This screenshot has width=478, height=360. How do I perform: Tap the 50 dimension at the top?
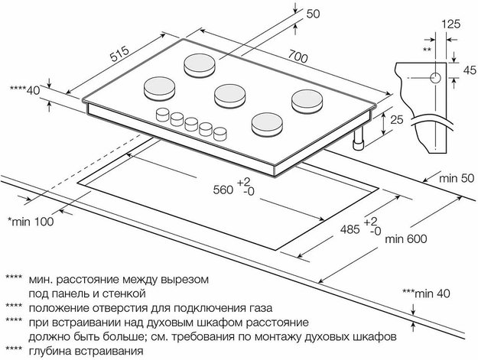pos(314,14)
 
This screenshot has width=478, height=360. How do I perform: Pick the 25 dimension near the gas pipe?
pos(395,121)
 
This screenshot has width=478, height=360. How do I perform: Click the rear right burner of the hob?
pos(304,99)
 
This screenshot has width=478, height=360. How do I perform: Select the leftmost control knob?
pos(163,115)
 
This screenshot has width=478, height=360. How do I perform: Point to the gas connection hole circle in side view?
pos(434,78)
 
